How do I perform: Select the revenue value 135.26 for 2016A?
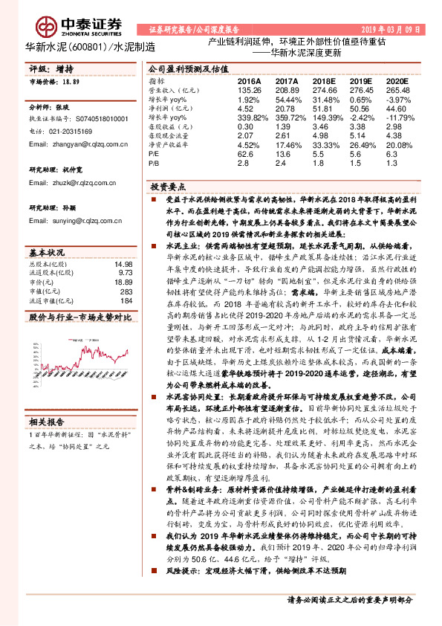coord(249,89)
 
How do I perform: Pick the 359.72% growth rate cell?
coord(287,117)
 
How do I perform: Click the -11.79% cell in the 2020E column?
coord(397,117)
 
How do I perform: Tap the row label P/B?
coord(154,162)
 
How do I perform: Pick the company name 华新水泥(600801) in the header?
coord(71,47)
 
